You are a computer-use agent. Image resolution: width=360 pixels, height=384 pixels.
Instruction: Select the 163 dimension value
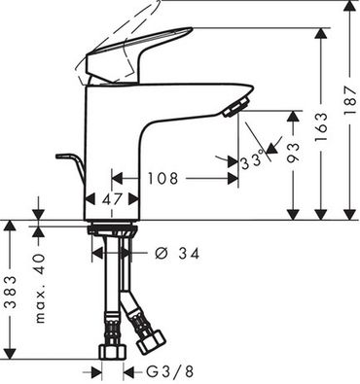pyautogui.click(x=322, y=127)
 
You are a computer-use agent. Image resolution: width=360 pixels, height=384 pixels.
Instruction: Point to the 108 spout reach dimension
pyautogui.click(x=163, y=179)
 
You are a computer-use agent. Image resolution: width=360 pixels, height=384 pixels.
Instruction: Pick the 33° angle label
pyautogui.click(x=252, y=158)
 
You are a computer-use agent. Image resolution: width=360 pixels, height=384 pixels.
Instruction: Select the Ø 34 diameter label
pyautogui.click(x=177, y=254)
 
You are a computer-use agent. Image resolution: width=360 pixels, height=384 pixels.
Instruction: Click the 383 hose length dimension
pyautogui.click(x=11, y=291)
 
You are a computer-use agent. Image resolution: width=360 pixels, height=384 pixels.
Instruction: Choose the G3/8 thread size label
pyautogui.click(x=169, y=371)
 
